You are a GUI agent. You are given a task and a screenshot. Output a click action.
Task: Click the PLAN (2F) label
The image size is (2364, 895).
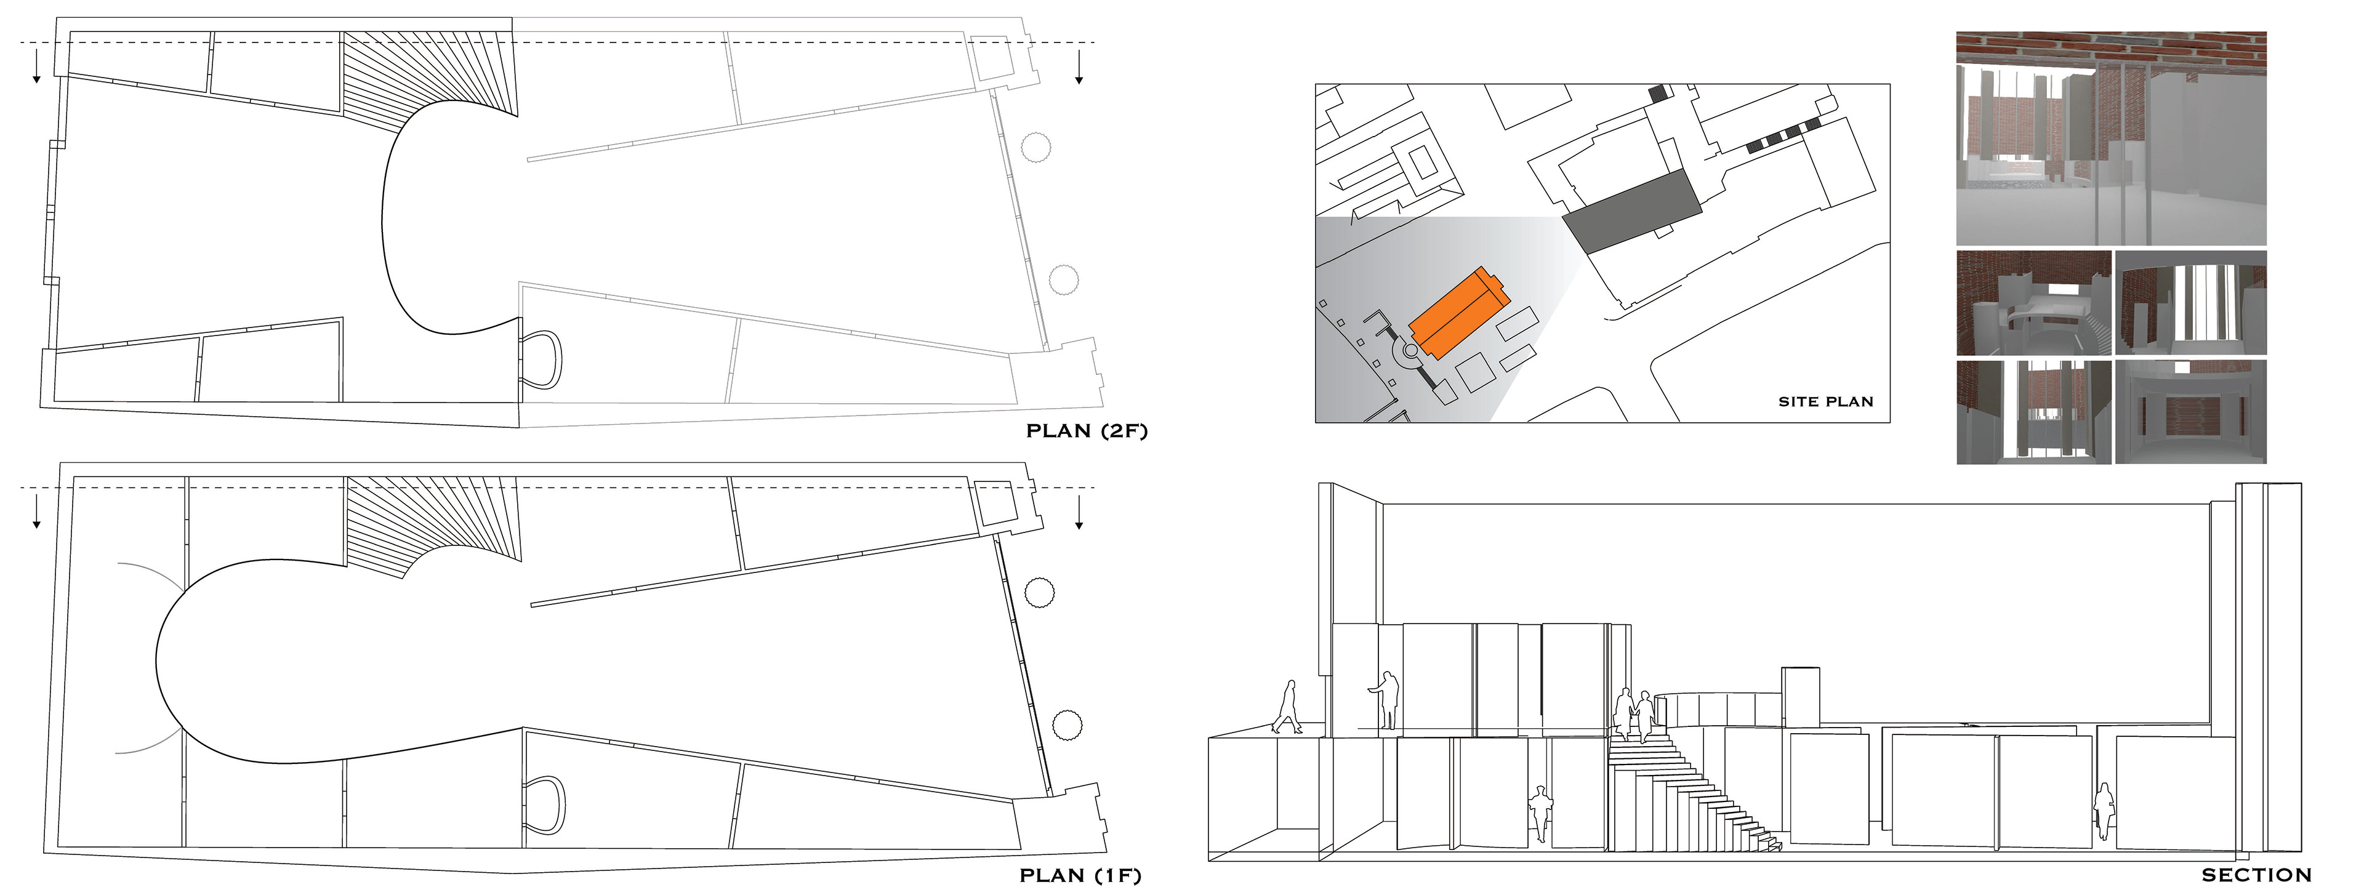[x=1085, y=430]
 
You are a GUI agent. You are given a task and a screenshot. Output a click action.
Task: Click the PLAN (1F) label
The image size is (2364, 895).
[x=1080, y=876]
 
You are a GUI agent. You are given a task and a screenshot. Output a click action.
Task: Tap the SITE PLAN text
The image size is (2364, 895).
[x=1825, y=401]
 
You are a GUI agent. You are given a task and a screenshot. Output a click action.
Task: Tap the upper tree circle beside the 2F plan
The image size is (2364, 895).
[x=1035, y=147]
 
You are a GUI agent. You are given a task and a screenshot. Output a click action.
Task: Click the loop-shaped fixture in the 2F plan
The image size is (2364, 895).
[x=542, y=360]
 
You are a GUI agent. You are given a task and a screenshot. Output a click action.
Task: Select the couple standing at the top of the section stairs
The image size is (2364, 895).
[x=1635, y=714]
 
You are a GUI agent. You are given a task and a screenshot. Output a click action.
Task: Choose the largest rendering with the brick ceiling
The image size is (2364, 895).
[x=2111, y=138]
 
